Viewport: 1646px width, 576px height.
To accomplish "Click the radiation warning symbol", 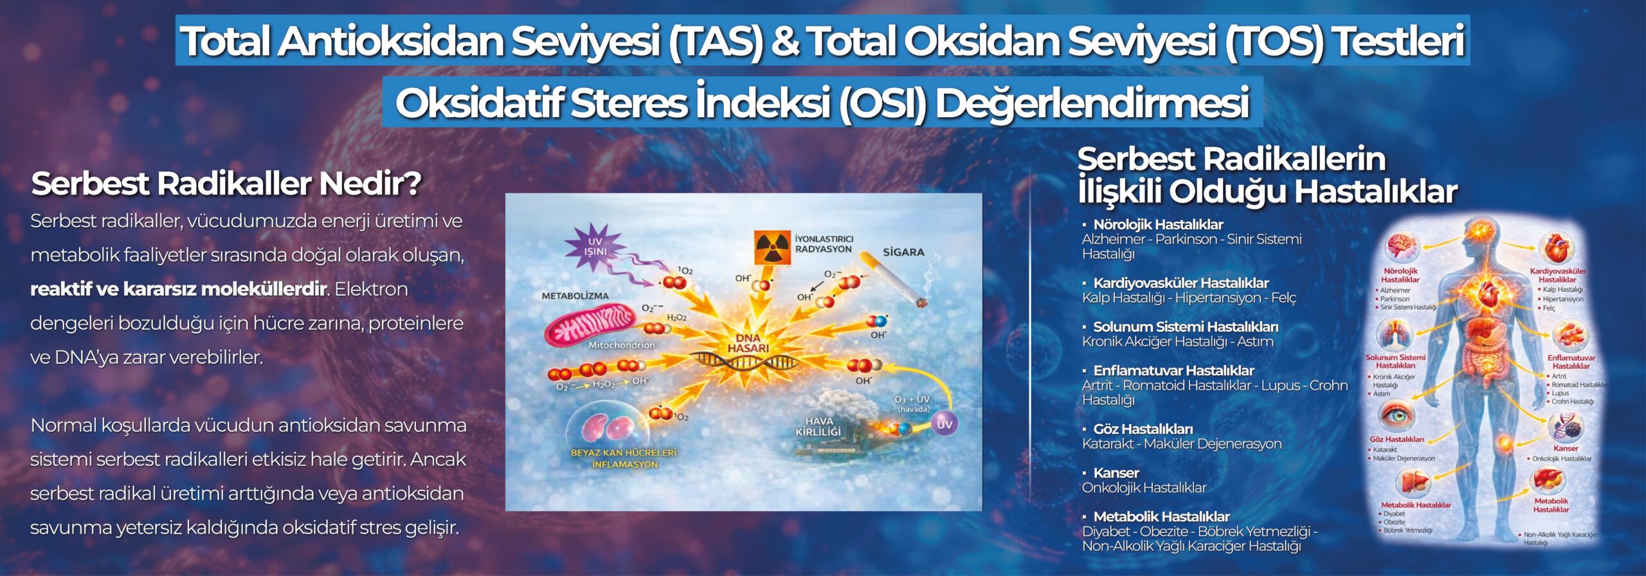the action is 772,248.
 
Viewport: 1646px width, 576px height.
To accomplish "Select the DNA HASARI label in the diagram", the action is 748,343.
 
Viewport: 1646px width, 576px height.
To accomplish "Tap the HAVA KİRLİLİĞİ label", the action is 818,426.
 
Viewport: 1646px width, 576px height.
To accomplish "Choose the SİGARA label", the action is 903,252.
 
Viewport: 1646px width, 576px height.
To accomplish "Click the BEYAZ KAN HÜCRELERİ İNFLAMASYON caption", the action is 624,458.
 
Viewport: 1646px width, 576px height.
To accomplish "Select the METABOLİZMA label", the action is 575,296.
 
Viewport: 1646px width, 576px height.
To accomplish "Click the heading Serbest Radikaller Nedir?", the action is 226,184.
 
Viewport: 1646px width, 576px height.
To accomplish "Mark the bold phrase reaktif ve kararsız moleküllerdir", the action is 179,289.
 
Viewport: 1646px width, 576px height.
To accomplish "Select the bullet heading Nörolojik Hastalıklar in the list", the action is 1158,224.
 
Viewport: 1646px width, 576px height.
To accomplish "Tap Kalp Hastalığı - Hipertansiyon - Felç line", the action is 1189,298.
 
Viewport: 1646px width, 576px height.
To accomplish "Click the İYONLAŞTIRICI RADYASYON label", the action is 824,244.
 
